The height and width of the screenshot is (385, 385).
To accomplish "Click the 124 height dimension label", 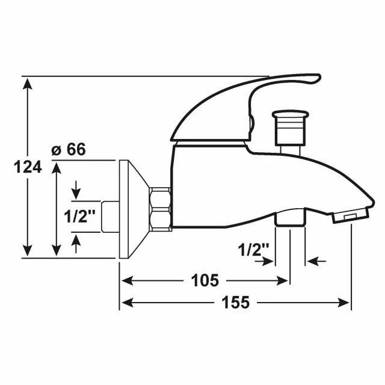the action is tap(28, 167).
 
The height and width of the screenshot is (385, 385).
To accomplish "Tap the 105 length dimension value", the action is tap(205, 280).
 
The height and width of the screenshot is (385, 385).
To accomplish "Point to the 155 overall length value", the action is tap(235, 302).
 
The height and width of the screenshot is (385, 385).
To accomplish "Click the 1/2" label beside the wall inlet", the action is tap(79, 217).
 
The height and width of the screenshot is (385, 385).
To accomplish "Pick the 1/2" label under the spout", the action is tap(254, 250).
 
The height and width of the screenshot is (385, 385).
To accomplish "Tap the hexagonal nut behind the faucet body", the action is tap(161, 209).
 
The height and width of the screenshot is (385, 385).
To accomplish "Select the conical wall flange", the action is tap(134, 209).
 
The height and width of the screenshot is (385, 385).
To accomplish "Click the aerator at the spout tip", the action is tap(351, 215).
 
